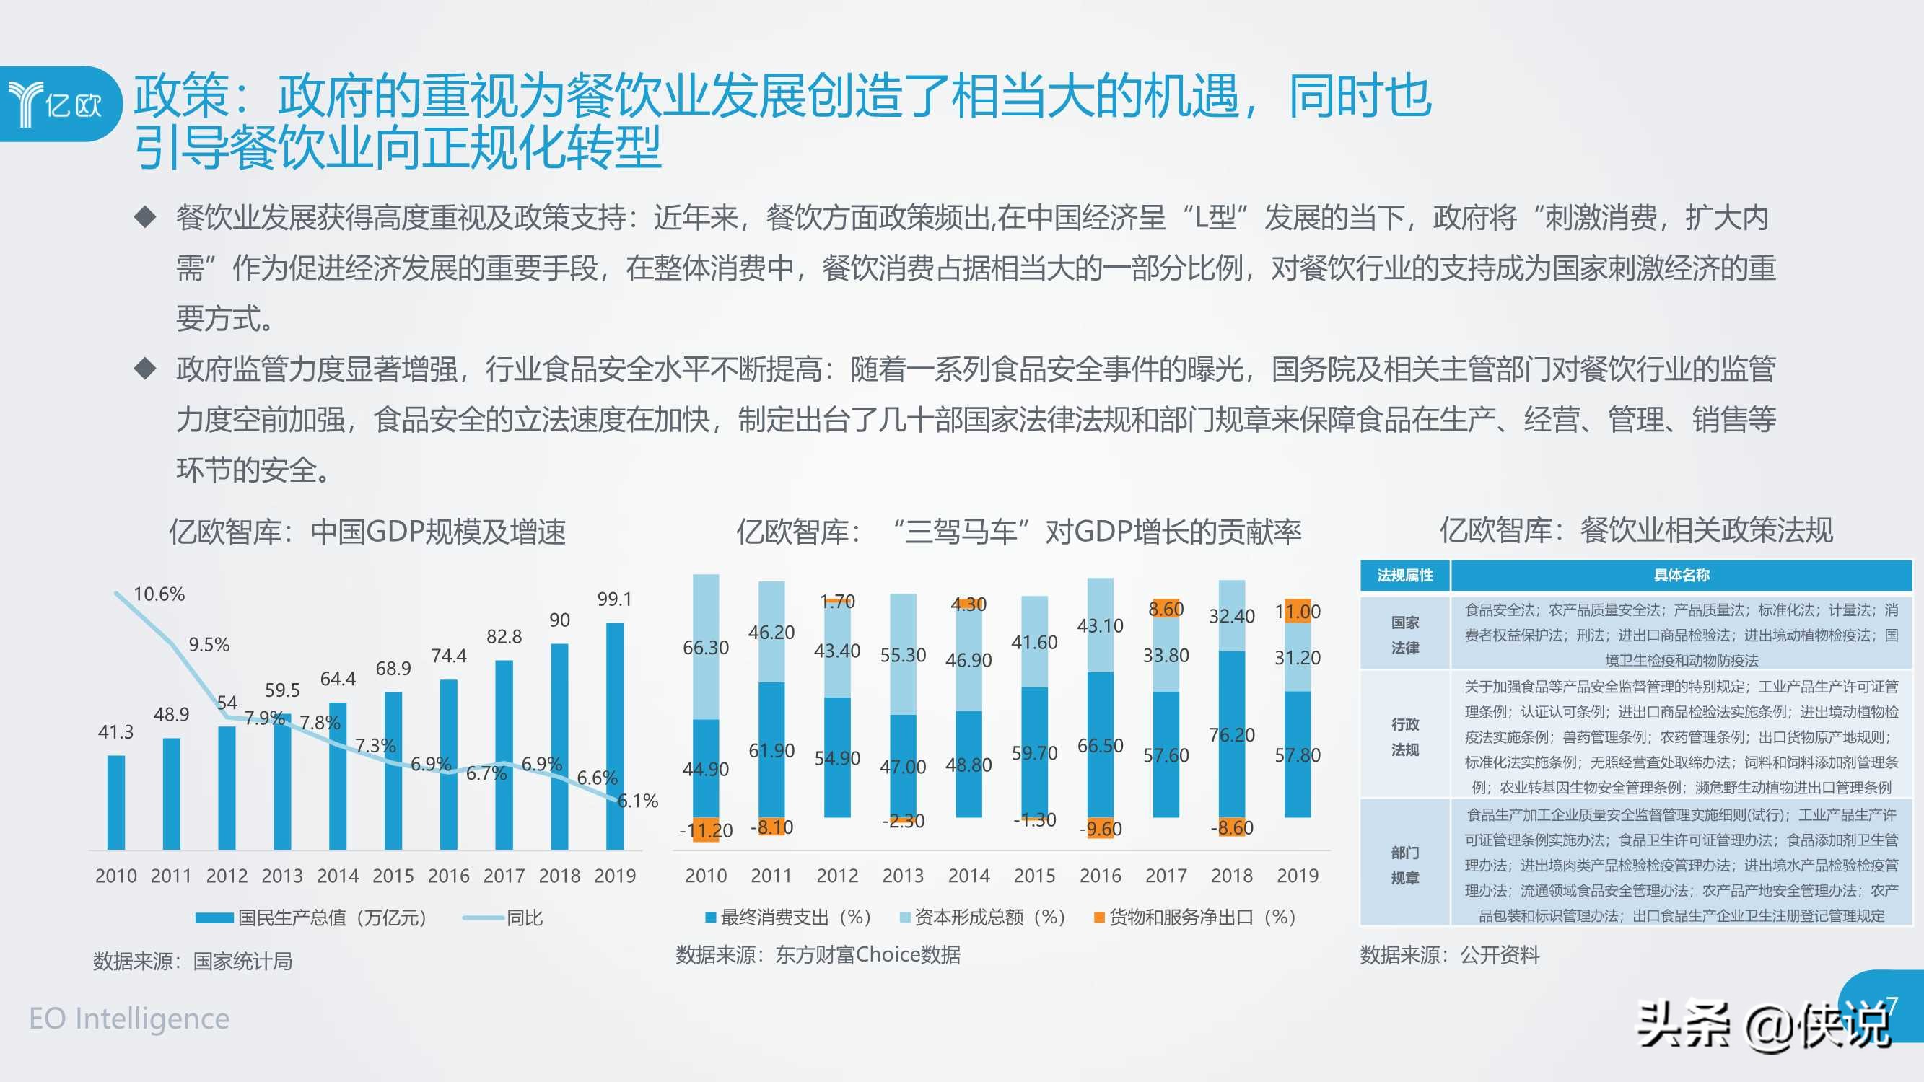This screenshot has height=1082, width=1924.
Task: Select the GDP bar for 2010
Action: click(115, 802)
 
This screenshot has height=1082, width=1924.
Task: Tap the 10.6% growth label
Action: click(158, 594)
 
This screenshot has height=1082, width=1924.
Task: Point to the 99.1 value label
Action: click(614, 599)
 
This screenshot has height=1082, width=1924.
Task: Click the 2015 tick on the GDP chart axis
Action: click(393, 876)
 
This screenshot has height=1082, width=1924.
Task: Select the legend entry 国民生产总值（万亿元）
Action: click(312, 918)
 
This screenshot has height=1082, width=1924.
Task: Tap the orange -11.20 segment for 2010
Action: click(706, 830)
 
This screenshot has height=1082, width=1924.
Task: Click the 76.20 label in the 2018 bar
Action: click(1232, 735)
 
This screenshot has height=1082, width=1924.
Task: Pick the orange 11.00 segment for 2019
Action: click(1298, 612)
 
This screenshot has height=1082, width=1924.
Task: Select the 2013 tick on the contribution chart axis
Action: click(903, 876)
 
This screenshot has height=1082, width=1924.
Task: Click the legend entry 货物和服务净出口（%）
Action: click(1194, 917)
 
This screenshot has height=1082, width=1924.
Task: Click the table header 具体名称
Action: click(1681, 575)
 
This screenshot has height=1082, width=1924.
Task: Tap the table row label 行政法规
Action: click(1404, 737)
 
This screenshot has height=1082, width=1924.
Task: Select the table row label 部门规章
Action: click(1404, 866)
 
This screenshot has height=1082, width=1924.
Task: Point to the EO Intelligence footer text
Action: click(129, 1019)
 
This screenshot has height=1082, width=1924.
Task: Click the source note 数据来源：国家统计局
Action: click(192, 961)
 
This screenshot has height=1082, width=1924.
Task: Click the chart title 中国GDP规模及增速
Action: click(367, 532)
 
